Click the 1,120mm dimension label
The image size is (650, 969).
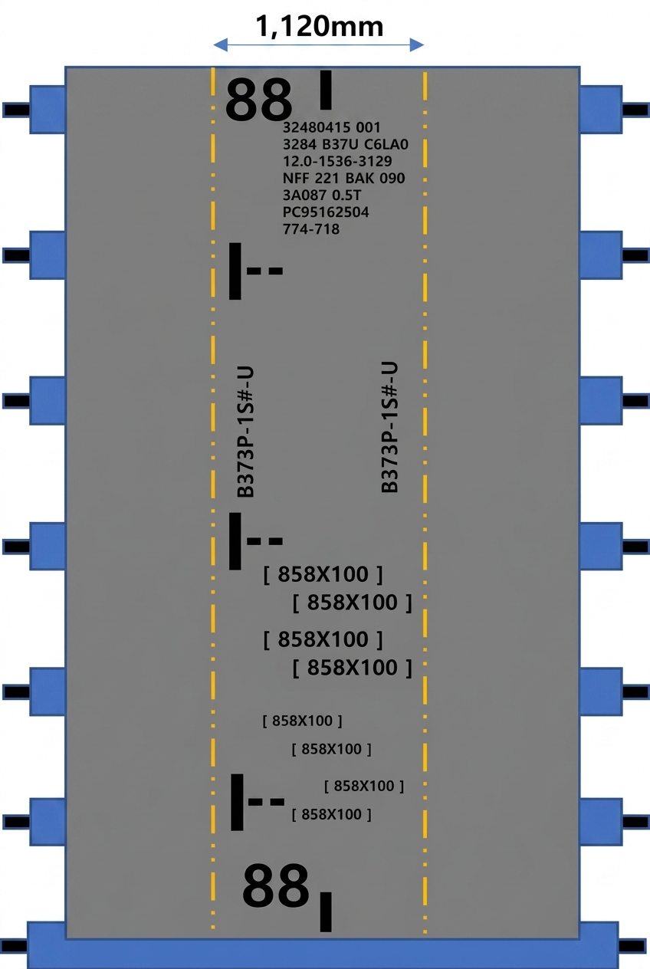click(x=320, y=27)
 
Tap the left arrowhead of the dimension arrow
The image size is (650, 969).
click(x=221, y=44)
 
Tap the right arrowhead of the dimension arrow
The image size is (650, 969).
click(x=417, y=44)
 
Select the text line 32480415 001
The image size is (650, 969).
click(x=331, y=127)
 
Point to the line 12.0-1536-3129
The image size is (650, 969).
click(x=337, y=161)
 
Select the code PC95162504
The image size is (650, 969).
click(x=326, y=212)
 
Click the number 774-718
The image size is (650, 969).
click(x=311, y=229)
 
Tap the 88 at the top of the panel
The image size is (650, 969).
click(x=258, y=100)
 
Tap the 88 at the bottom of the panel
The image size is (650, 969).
click(x=275, y=885)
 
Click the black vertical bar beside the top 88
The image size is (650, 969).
click(x=326, y=90)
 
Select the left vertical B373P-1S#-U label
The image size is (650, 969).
click(x=245, y=432)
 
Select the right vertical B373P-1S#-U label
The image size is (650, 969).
click(x=389, y=428)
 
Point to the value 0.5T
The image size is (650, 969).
click(x=346, y=195)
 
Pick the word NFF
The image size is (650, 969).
click(x=296, y=178)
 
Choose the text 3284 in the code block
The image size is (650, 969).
click(x=300, y=144)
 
